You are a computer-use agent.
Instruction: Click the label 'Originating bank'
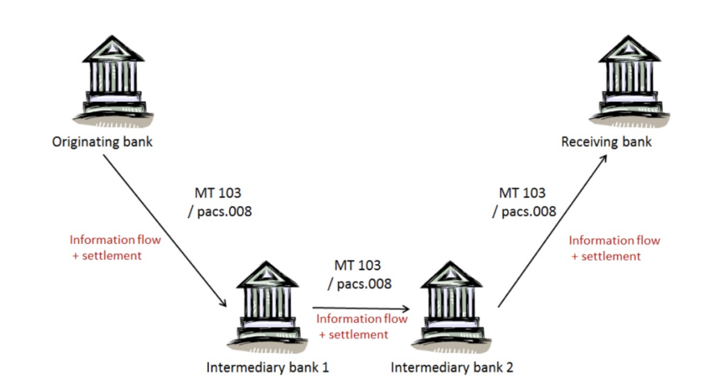pyautogui.click(x=102, y=143)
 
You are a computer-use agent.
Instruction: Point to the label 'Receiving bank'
pyautogui.click(x=606, y=142)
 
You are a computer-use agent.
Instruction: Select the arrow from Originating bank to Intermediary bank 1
pyautogui.click(x=166, y=231)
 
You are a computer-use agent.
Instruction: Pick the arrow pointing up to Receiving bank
pyautogui.click(x=552, y=231)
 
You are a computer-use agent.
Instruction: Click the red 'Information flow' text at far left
pyautogui.click(x=115, y=240)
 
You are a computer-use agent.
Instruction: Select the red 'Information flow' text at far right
pyautogui.click(x=614, y=240)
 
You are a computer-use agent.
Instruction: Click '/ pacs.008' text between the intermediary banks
pyautogui.click(x=359, y=284)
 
